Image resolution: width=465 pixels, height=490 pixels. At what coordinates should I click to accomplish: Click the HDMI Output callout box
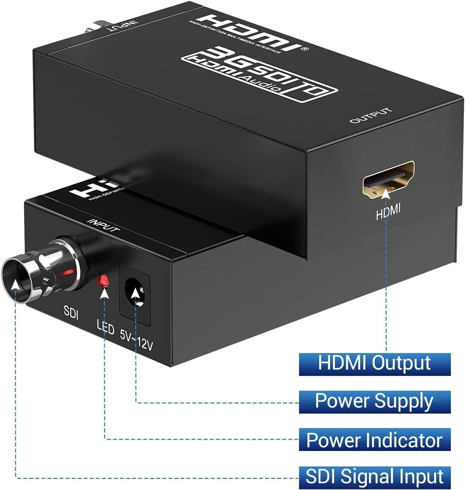[x=374, y=364]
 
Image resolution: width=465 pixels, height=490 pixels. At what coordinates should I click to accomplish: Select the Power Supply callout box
[x=374, y=401]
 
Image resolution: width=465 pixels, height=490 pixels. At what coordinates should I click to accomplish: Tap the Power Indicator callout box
[x=374, y=440]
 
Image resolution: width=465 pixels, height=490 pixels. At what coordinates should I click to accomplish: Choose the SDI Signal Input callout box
[x=374, y=477]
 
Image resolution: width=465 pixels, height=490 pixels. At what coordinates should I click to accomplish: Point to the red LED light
[x=103, y=281]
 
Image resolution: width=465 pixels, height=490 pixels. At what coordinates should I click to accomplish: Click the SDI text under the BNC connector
[x=71, y=313]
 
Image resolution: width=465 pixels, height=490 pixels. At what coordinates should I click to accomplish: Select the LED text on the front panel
[x=105, y=327]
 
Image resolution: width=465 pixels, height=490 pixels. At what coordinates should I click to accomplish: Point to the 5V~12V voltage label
[x=136, y=341]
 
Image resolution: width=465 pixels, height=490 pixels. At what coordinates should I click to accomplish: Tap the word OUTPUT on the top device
[x=371, y=115]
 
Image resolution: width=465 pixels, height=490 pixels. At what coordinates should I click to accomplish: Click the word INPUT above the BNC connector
[x=103, y=225]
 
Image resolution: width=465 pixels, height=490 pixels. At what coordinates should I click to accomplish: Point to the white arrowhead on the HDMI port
[x=387, y=194]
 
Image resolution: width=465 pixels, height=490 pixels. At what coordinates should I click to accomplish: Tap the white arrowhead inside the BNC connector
[x=15, y=285]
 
